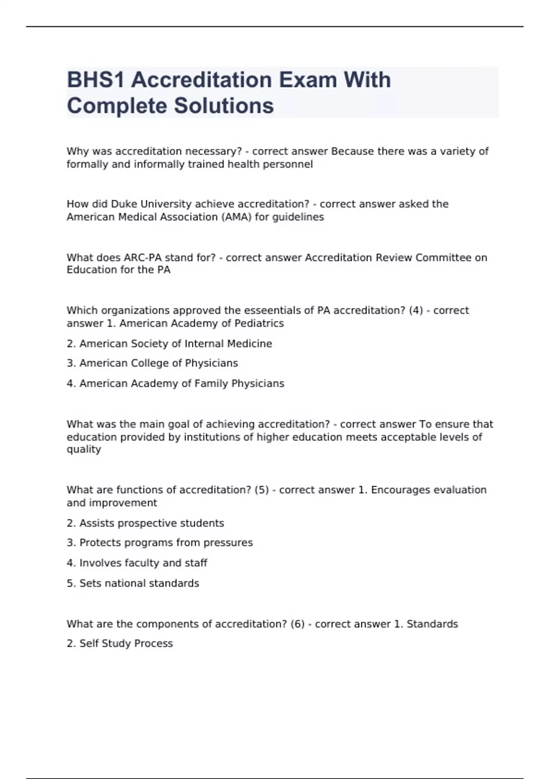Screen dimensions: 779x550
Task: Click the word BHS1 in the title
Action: [x=96, y=80]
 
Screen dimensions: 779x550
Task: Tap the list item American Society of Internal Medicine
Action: [x=169, y=344]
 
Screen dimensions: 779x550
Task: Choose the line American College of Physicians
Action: [x=152, y=363]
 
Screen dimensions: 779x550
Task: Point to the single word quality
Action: [x=84, y=450]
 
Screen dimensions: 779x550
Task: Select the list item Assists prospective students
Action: [x=145, y=523]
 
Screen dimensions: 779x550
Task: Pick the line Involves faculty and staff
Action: [x=137, y=563]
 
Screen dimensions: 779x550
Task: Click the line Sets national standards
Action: [x=133, y=583]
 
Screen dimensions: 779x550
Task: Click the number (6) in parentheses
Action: [x=297, y=624]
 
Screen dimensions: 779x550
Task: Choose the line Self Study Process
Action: [x=120, y=644]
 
